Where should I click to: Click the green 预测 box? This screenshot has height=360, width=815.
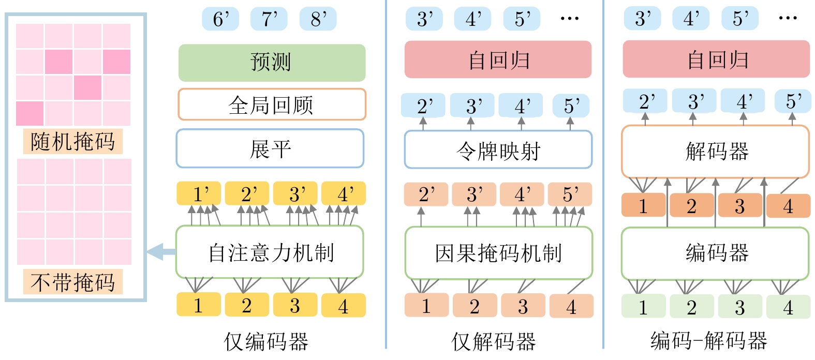coord(272,63)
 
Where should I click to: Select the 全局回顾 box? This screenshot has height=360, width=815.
coord(272,104)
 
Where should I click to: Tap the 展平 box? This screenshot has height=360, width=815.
coord(270,149)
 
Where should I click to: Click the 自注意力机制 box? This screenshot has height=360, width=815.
coord(270,253)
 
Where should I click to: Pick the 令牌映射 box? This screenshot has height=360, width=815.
coord(498,150)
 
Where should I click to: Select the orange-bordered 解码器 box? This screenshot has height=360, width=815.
coord(715,152)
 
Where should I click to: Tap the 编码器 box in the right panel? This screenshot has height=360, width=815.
coord(715,253)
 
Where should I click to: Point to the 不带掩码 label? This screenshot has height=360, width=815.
coord(72,282)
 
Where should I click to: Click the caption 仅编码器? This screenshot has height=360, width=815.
coord(266,342)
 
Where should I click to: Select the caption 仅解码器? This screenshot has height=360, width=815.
coord(493,342)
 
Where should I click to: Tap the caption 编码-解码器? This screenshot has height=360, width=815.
coord(709,341)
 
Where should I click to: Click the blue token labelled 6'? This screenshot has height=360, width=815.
coord(220,19)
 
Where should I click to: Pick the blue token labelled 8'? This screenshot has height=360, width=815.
coord(318,19)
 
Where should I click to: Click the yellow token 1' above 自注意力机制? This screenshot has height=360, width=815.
coord(199,194)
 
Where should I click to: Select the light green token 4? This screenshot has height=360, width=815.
coord(788,307)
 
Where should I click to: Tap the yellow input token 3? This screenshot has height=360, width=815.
coord(294,305)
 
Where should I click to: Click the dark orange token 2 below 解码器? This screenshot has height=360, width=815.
coord(691,206)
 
